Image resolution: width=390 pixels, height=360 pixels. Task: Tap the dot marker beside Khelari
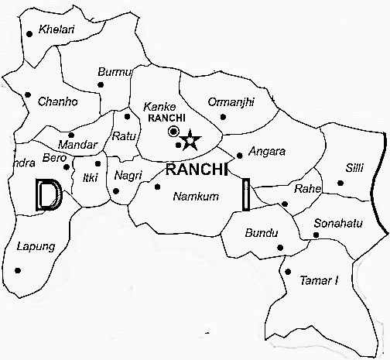pos(29,33)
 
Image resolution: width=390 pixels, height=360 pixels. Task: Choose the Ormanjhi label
pos(232,101)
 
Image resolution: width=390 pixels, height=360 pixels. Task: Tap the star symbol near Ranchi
pos(190,140)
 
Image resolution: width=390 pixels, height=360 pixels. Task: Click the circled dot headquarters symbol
pos(174,132)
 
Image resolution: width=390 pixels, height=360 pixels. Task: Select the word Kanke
pos(161,106)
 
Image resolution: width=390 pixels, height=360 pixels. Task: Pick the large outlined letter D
pos(47,194)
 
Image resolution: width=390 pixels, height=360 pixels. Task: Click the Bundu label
pos(260,232)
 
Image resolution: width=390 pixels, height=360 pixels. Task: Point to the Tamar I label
pos(319,279)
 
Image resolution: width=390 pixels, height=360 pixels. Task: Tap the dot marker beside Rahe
pos(285,204)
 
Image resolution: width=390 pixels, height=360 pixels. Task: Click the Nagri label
pos(128,176)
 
